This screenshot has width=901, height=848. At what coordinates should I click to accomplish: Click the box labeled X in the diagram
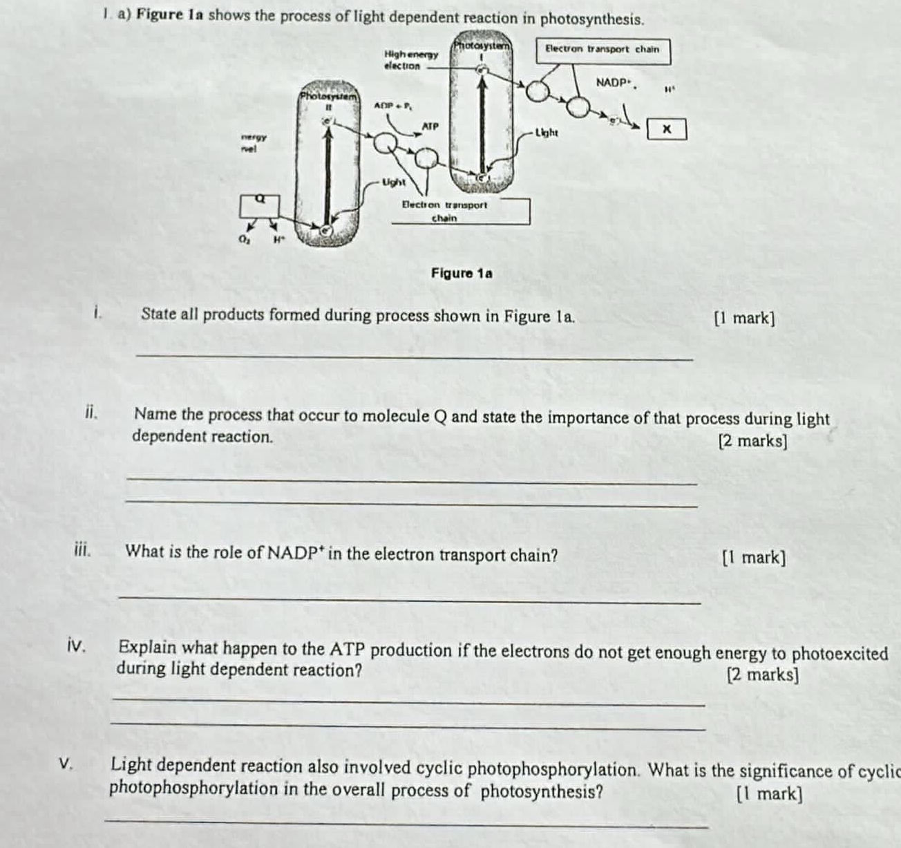point(666,129)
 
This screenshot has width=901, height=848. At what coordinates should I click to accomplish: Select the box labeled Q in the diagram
point(260,205)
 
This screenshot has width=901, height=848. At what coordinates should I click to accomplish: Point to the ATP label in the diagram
point(430,126)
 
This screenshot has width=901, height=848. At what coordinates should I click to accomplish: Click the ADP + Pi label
point(393,106)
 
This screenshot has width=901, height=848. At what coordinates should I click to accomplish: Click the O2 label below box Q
point(244,240)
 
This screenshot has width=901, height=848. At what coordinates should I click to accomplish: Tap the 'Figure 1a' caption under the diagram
point(461,273)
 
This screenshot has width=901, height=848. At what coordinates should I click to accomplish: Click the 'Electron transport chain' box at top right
point(603,49)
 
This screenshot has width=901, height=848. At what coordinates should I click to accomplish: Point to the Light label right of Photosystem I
point(547,131)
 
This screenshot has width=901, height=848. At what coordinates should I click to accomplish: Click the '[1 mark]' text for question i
point(745,318)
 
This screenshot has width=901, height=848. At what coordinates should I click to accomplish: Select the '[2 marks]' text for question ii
point(752,441)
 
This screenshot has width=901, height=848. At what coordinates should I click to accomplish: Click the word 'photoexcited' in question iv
point(840,654)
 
